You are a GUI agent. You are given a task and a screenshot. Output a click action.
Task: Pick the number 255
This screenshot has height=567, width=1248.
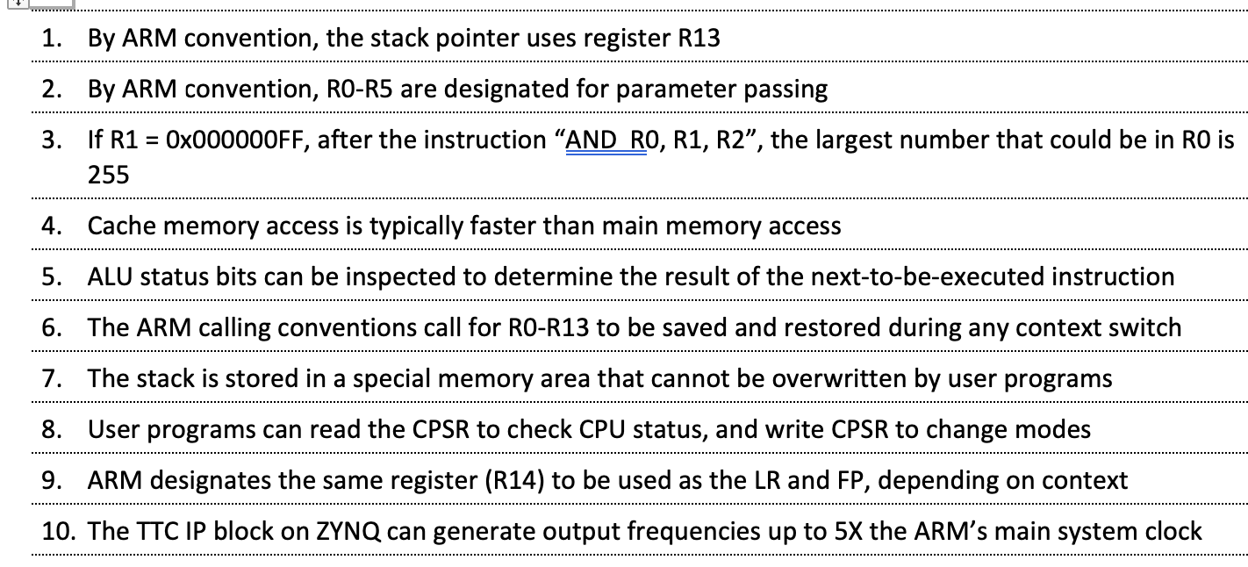tap(108, 176)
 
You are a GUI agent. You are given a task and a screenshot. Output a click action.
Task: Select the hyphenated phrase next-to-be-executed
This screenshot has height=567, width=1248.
tap(922, 277)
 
